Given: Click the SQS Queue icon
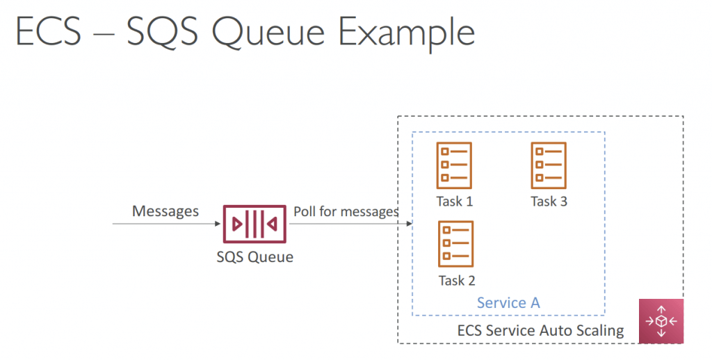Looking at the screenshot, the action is click(x=254, y=224).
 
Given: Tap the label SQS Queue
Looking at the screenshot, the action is click(x=254, y=257).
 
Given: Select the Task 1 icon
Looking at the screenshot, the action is click(x=454, y=165).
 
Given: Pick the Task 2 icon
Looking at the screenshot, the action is click(x=456, y=244).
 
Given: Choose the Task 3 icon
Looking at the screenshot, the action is click(x=549, y=165).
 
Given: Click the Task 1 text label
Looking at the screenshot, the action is click(x=455, y=201).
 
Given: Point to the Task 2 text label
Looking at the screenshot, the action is click(x=457, y=281).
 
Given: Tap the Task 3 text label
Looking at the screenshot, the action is click(x=549, y=201).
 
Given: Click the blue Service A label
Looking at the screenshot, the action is click(x=508, y=303).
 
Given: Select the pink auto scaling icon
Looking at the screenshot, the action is click(x=661, y=321).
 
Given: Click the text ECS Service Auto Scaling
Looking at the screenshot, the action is click(x=540, y=331).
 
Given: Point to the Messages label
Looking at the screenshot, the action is click(x=165, y=211).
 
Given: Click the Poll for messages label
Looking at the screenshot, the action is click(x=346, y=211).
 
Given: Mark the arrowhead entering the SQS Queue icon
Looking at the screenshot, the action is click(x=218, y=223).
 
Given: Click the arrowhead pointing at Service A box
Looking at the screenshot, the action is click(x=409, y=223).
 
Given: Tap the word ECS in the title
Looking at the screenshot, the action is click(x=49, y=32).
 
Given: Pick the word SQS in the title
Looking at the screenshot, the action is click(x=162, y=32).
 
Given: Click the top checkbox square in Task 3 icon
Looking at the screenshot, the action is click(x=539, y=152).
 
